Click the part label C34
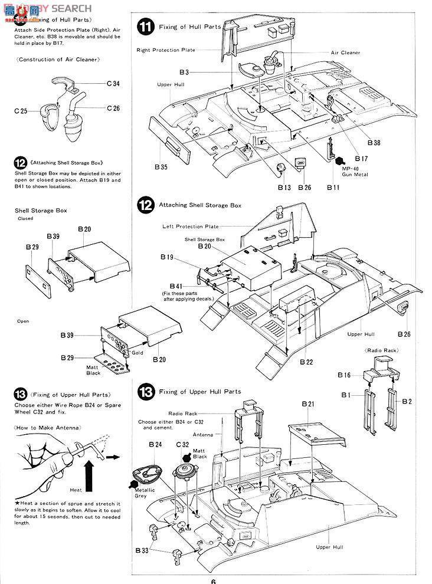tap(113, 84)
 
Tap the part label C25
tap(21, 111)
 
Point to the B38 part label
tap(374, 143)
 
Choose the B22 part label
tap(306, 361)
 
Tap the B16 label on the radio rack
tap(344, 375)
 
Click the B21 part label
tap(309, 404)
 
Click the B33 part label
tap(142, 550)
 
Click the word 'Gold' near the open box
tap(138, 353)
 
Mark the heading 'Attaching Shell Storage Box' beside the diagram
tap(200, 205)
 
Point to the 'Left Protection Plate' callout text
tap(191, 227)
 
